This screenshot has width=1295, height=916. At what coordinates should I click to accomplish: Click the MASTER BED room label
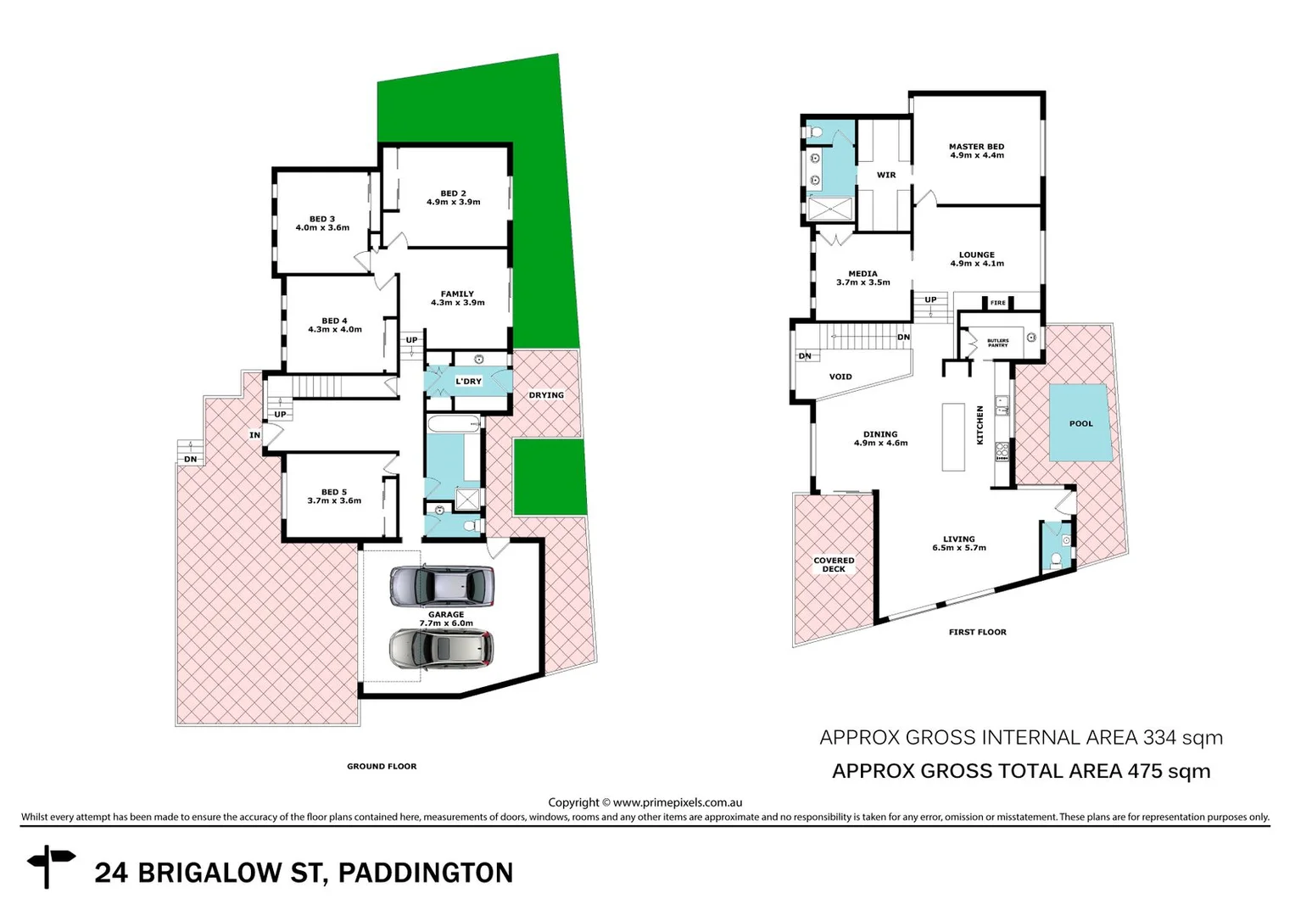coord(976,151)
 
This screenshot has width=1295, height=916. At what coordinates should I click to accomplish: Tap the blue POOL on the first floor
coord(1080,422)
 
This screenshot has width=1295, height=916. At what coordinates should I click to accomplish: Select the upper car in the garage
coord(441,586)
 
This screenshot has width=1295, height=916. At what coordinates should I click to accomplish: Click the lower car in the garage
coord(440,649)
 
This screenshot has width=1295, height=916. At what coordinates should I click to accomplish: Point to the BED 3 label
coord(322,223)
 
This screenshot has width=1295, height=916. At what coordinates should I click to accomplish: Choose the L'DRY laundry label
coord(468,382)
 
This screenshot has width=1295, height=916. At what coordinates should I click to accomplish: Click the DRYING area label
coord(546,395)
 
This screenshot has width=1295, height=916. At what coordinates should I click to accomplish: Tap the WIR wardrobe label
coord(886,175)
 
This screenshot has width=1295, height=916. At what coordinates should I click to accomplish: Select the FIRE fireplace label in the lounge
coord(997,303)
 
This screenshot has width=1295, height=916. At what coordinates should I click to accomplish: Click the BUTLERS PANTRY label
coord(997,343)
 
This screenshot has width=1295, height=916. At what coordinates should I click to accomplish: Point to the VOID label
coord(840,377)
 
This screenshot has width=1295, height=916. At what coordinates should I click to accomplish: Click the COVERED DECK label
coord(834,565)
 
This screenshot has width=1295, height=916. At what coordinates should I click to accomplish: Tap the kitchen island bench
coord(953,437)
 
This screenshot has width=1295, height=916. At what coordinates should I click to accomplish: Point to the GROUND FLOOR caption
coord(382,766)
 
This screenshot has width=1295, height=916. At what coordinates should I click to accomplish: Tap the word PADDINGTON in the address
coord(426,873)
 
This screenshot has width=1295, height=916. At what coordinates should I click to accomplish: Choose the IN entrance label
coord(254,435)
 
